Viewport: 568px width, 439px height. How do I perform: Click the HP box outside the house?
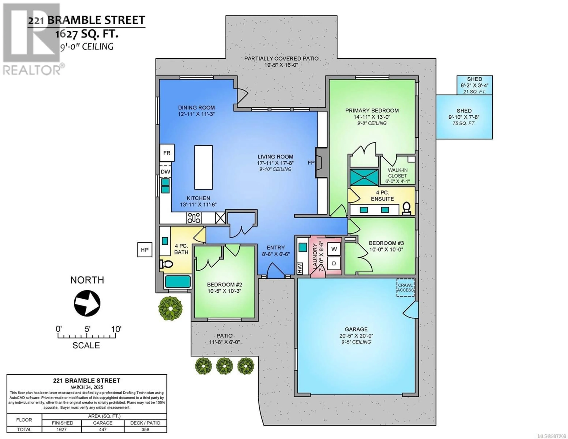click(145, 250)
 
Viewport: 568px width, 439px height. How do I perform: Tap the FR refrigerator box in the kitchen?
click(167, 153)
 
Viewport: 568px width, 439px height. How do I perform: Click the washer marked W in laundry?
click(334, 249)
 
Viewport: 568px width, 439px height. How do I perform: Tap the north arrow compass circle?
click(87, 303)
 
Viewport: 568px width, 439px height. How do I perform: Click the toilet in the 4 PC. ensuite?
click(406, 208)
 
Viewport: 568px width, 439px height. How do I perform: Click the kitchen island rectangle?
click(203, 167)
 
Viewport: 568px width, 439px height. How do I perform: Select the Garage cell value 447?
click(103, 429)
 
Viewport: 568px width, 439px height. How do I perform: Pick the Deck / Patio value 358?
click(145, 429)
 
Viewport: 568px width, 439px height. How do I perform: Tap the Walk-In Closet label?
click(398, 173)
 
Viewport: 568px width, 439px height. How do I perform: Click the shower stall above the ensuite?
click(364, 177)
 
